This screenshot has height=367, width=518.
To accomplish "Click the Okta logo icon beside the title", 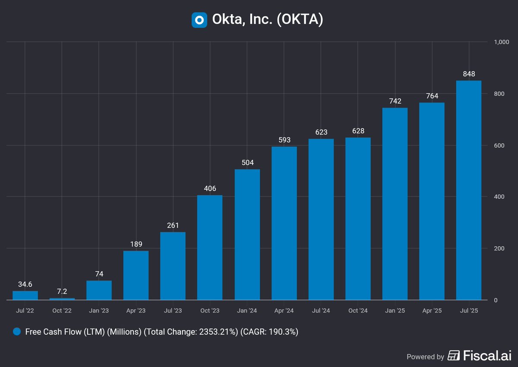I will pos(199,20).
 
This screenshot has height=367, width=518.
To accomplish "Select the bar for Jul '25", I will pos(469,190).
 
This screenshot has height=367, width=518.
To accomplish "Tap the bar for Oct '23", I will pos(210,248).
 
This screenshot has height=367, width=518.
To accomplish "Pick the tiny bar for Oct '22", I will pos(62,298).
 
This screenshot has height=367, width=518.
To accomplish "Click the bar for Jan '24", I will pos(247,235).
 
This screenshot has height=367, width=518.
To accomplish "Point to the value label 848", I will pos(469,74).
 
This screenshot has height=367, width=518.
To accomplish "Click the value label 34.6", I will pos(25,285).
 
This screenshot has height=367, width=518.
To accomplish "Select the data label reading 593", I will pos(284,140).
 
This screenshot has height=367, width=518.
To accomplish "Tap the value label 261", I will pos(173,226).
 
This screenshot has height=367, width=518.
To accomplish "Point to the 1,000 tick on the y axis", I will pos(502,42).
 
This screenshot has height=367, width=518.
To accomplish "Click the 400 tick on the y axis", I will pos(499,197).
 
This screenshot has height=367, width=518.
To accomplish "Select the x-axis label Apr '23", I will pos(136,311).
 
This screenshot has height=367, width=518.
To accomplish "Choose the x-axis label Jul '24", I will pos(321,311).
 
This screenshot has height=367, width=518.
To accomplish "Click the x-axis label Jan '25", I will pos(395,311).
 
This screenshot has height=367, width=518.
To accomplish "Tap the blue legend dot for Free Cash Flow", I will pos(17,332).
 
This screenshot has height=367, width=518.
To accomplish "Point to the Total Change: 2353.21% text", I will pos(190,332).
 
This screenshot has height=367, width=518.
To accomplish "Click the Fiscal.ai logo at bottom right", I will pos(479,356).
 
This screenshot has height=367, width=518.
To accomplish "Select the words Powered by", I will pos(425,357).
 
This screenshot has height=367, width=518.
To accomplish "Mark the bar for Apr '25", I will pos(432,201).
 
